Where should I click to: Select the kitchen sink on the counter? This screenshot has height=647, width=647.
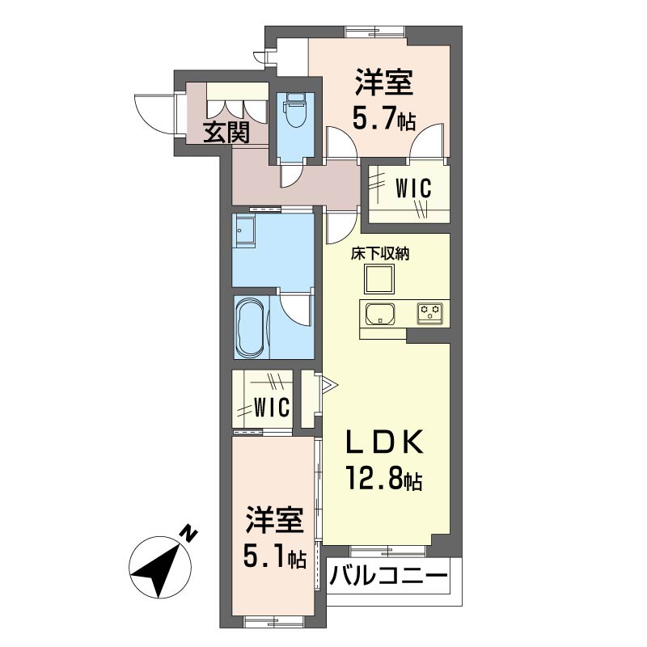coord(378,313)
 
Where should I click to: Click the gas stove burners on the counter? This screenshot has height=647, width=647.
coord(429,312)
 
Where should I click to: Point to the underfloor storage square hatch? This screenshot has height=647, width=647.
coord(378,279)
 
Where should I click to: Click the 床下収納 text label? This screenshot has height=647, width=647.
coord(379,254)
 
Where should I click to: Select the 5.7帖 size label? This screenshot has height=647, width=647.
coord(383,121)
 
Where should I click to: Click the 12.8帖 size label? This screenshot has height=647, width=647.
coord(384,480)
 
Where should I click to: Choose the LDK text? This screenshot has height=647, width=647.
coord(385,444)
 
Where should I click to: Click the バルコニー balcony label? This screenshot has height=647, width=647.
coord(389,577)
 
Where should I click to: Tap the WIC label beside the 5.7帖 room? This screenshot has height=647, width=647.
coord(412,188)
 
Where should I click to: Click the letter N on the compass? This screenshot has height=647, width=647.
coord(189,534)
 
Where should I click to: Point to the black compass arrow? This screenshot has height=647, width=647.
coord(159,565)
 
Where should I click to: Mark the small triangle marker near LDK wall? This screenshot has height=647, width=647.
coord(328,383)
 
